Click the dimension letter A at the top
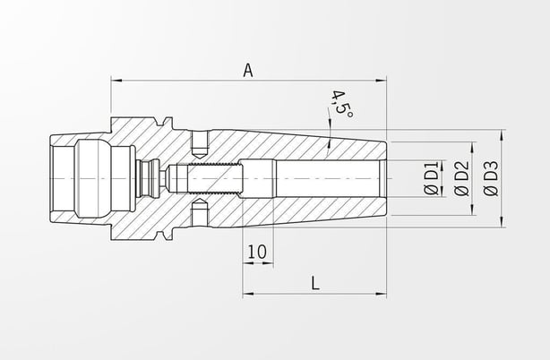[248, 70]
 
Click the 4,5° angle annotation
[341, 105]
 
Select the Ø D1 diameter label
[432, 178]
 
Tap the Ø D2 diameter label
[461, 178]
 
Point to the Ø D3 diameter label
[491, 178]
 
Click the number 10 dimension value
[257, 252]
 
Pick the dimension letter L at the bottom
[315, 283]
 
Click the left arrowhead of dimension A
[116, 81]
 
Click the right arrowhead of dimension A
[381, 81]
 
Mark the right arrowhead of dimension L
[381, 294]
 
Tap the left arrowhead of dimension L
[248, 294]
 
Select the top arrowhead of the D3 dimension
[503, 135]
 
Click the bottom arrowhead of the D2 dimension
[473, 210]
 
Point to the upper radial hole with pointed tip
[201, 144]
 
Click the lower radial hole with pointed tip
[201, 212]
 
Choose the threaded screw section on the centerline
[215, 179]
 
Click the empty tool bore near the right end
[330, 179]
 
